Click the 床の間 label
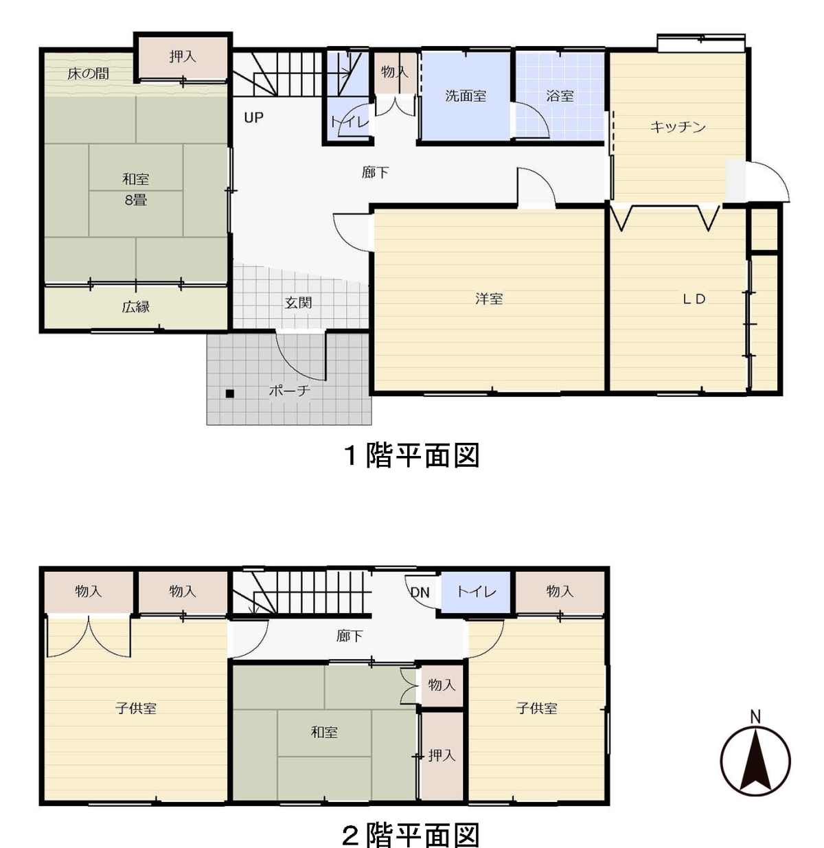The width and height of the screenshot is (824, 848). pos(88,73)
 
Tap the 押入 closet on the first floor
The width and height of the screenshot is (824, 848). pos(183,57)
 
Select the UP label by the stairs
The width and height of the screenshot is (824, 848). pos(253,117)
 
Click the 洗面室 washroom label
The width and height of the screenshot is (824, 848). pos(466,96)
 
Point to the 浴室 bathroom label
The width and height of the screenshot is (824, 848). pos(560,96)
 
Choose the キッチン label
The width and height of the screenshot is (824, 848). pos(678,127)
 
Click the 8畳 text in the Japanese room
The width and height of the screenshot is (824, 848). pos(135,200)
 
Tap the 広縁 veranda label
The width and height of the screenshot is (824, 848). pos(135,307)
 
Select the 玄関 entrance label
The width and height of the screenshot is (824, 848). pos(298,302)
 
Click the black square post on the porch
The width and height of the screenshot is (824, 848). pos(229,394)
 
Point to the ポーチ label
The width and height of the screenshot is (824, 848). pos(289,390)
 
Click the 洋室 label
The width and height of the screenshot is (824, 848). pos(489,299)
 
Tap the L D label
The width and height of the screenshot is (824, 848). pos(694,299)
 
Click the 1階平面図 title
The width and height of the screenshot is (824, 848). pos(411,455)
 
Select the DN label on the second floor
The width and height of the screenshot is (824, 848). pos(420,592)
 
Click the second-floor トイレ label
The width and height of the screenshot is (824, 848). pos(477,591)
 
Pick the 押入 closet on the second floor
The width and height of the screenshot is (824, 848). pos(442,755)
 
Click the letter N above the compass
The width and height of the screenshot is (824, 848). pos(755,717)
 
